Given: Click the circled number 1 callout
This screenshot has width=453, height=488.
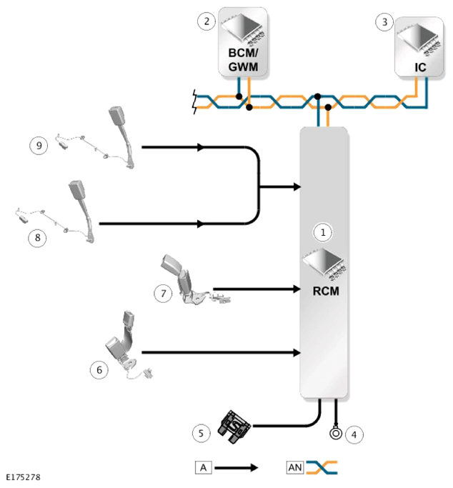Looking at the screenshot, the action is tap(323, 232).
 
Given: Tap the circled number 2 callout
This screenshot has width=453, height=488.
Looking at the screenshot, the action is tap(206, 21).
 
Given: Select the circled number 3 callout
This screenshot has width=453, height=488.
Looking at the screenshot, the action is tap(385, 22).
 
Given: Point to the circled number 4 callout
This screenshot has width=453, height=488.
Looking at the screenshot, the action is tap(354, 434).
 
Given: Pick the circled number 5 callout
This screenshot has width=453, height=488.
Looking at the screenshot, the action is tap(201, 433).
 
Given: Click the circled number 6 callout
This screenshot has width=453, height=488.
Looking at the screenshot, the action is tap(99, 369).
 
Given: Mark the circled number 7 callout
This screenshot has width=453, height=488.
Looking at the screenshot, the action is tap(164, 293).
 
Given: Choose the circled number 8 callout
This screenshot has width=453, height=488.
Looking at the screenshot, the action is tap(37, 238).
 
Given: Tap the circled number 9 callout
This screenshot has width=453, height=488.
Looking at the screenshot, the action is tap(39, 145).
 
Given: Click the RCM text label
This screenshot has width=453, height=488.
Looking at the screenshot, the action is tap(326, 291).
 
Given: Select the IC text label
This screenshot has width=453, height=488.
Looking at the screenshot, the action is tap(420, 67).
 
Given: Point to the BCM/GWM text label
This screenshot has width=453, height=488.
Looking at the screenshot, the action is tap(243, 60).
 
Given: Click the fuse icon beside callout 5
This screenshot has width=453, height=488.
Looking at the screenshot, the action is tap(234, 427).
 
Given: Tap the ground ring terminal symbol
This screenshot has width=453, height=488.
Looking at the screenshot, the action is tap(336, 433).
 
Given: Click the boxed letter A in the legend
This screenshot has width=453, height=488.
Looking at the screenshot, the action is tap(204, 467).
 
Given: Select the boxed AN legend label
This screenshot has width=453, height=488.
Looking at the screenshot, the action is tap(295, 467).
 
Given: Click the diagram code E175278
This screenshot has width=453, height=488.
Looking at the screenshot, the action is tap(24, 477).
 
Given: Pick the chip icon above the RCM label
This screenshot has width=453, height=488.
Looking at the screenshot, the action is tap(324, 264).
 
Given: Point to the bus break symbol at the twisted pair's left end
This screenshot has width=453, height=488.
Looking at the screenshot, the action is tap(195, 101).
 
